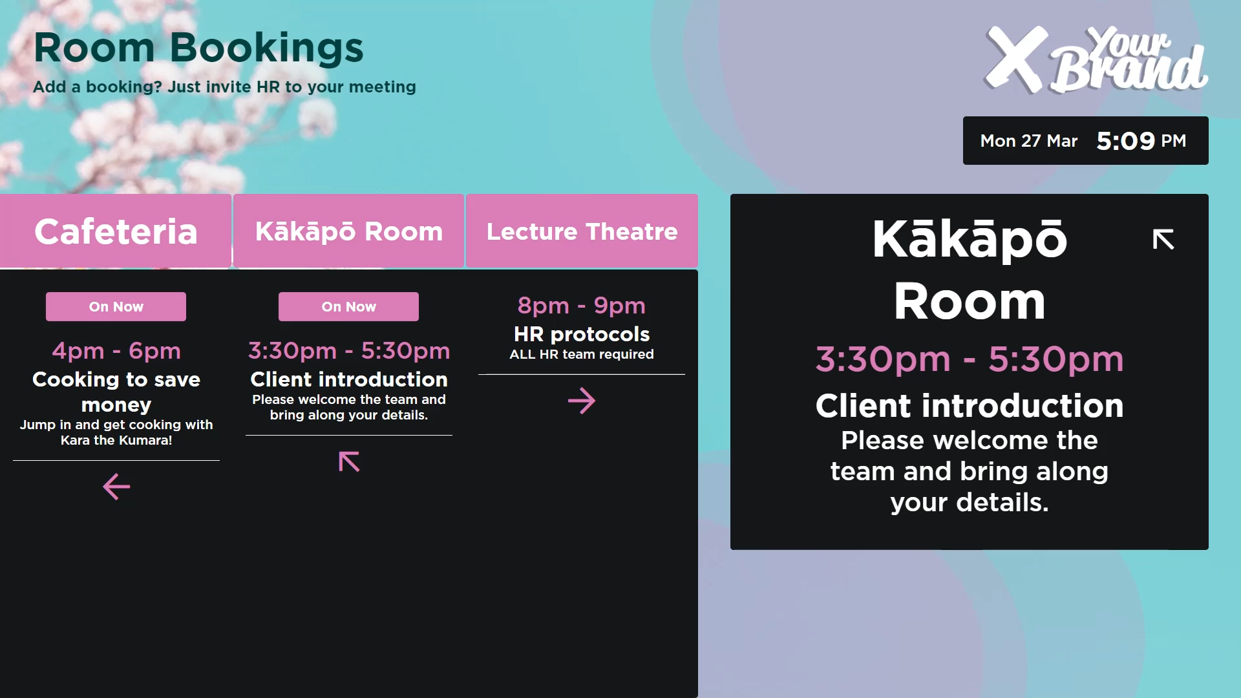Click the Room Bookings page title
pos(198,48)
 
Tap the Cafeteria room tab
pos(116,231)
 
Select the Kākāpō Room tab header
pos(349,231)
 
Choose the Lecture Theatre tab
pos(582,231)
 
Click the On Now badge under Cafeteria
pos(116,306)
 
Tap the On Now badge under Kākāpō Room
pos(348,306)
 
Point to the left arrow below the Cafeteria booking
pos(116,487)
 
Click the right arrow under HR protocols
pos(582,401)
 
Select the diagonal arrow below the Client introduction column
pos(349,461)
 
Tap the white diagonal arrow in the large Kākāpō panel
pos(1163,239)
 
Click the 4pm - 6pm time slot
pos(116,351)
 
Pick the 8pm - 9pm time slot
pos(582,306)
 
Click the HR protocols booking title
pos(582,334)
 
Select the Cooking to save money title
pos(116,392)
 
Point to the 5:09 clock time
pos(1125,141)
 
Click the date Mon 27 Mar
pos(1029,141)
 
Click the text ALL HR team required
pos(582,354)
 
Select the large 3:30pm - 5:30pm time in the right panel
pos(970,359)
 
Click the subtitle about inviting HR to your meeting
pos(224,87)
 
